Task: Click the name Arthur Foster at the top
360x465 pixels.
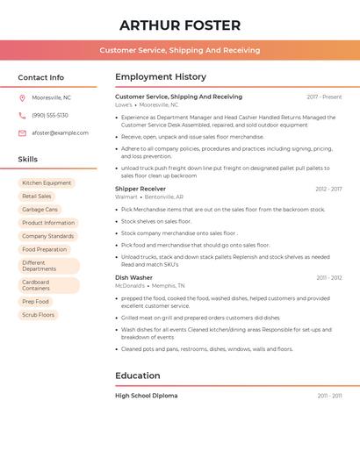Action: tap(180, 25)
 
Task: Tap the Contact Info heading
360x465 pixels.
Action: tap(40, 77)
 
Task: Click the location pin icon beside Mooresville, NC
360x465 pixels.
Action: tap(22, 98)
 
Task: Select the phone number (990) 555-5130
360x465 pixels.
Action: tap(50, 115)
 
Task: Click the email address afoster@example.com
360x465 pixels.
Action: tap(60, 133)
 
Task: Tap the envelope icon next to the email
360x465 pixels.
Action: tap(22, 133)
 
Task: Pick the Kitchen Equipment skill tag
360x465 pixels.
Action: tap(47, 183)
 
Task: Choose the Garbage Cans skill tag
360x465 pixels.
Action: tap(40, 210)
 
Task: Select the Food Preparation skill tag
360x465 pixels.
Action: tap(44, 249)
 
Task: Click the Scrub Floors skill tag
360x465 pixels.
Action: tap(38, 314)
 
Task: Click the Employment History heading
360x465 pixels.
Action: tap(161, 77)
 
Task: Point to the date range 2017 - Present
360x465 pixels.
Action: tap(324, 97)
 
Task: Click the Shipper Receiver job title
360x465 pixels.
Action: tap(140, 189)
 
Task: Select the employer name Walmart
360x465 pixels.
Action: tap(126, 197)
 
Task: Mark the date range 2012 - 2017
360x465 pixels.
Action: tap(328, 189)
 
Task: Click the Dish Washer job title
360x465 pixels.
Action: tap(133, 277)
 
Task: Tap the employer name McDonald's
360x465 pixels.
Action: tap(130, 286)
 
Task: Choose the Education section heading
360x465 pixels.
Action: tap(138, 376)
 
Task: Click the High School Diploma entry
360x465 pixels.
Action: tap(146, 396)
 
